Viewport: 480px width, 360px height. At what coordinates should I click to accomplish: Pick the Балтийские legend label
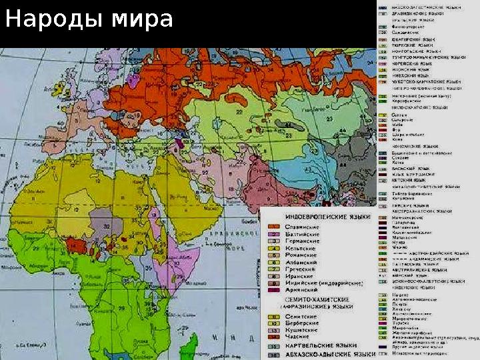coord(302,237)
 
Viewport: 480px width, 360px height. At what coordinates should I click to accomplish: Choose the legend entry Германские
coord(302,246)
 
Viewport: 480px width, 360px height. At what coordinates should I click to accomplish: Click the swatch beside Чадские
coord(273,337)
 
